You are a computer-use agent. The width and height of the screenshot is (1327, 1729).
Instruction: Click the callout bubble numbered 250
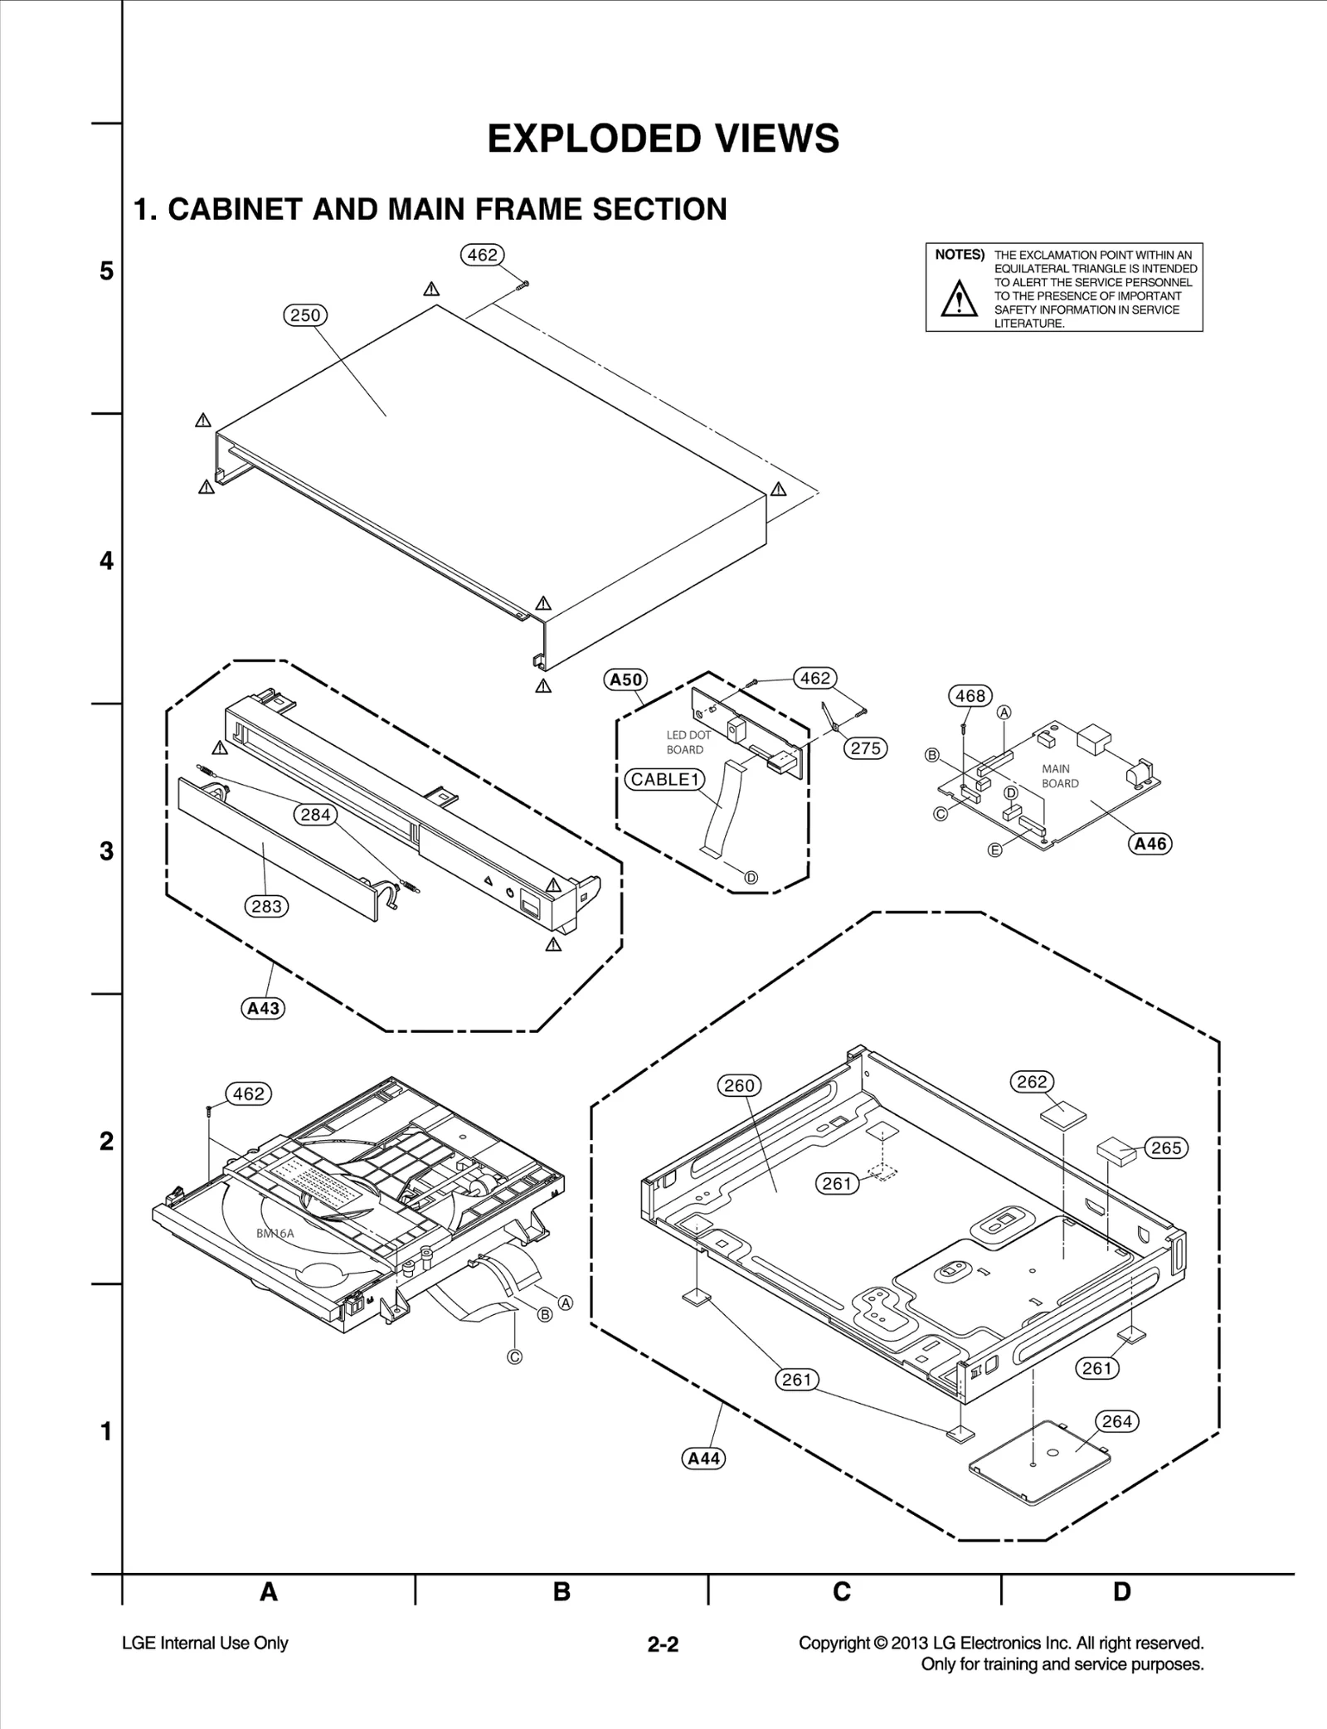click(x=305, y=315)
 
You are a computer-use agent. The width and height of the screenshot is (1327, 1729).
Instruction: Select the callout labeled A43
click(x=264, y=1009)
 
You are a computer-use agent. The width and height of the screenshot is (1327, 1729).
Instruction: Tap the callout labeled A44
click(x=703, y=1459)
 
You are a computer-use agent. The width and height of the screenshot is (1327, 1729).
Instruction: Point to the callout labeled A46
click(x=1150, y=844)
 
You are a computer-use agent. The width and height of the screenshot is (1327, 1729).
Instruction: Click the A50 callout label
click(x=625, y=680)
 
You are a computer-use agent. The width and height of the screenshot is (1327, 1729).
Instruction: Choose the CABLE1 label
click(x=664, y=779)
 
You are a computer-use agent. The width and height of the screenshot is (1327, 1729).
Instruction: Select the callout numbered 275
click(x=865, y=748)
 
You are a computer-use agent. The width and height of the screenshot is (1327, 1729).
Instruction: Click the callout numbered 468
click(x=970, y=696)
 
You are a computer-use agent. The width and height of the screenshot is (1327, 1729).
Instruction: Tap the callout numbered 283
click(x=266, y=907)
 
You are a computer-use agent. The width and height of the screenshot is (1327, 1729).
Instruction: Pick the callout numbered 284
click(x=315, y=815)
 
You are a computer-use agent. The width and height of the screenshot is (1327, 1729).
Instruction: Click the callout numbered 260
click(x=739, y=1085)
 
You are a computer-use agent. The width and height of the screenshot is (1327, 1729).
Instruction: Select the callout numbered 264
click(x=1116, y=1421)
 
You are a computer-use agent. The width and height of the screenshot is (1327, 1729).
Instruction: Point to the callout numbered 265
click(x=1166, y=1148)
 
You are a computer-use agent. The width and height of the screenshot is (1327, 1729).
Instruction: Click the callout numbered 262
click(x=1032, y=1082)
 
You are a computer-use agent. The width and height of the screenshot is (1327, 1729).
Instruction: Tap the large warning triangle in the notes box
click(x=959, y=299)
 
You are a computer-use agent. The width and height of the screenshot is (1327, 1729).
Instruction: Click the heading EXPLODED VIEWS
click(x=663, y=139)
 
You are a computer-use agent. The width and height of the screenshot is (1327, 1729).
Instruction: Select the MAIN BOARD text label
click(x=1060, y=776)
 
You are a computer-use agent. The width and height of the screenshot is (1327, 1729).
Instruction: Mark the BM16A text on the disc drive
click(x=275, y=1234)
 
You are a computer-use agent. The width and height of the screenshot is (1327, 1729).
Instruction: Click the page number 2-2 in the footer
click(x=663, y=1644)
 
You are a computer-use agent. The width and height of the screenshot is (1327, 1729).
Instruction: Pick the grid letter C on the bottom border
click(x=841, y=1592)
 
